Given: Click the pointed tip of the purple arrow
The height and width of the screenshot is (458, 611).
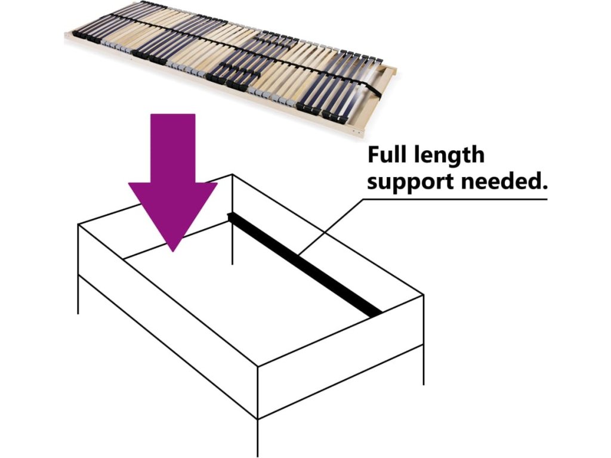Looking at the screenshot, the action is tap(173, 249).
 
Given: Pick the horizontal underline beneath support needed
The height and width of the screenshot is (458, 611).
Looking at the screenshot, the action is tap(453, 199).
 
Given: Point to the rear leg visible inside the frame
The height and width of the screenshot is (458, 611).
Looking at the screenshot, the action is tap(232, 250).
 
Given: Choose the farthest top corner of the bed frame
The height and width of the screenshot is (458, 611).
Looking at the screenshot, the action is tap(232, 175).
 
